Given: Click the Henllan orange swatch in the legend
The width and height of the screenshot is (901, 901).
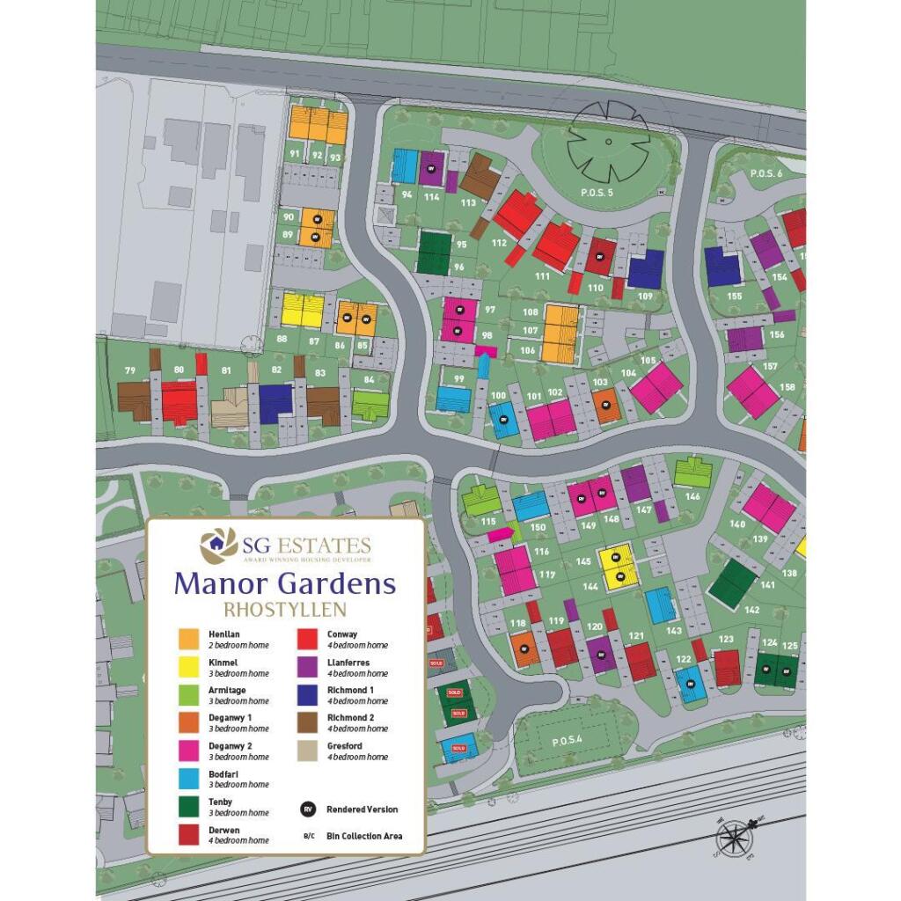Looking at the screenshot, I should pyautogui.click(x=189, y=638).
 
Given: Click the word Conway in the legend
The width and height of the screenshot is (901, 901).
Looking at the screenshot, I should pyautogui.click(x=341, y=633).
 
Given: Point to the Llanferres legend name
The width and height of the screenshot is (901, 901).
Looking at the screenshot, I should pyautogui.click(x=348, y=661).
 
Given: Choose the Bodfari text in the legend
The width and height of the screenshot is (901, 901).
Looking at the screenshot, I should pyautogui.click(x=223, y=773).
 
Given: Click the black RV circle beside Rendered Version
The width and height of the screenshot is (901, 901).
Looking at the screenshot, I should pyautogui.click(x=308, y=809).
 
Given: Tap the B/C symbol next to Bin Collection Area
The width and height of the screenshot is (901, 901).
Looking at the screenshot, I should pyautogui.click(x=308, y=836).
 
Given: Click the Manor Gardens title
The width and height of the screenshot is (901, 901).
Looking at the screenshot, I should pyautogui.click(x=284, y=583).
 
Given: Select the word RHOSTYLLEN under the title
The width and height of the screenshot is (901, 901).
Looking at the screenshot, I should pyautogui.click(x=285, y=609).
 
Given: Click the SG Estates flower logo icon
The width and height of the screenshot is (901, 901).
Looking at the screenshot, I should pyautogui.click(x=218, y=545).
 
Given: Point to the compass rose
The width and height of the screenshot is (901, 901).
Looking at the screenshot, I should pyautogui.click(x=736, y=835).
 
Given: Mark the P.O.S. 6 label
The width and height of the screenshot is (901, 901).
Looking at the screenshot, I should pyautogui.click(x=766, y=173).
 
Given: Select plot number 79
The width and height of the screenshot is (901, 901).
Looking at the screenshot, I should pyautogui.click(x=130, y=370).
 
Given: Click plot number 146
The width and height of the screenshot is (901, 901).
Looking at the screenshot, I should pyautogui.click(x=693, y=497).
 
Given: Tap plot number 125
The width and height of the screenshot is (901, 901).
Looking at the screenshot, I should pyautogui.click(x=790, y=646).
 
